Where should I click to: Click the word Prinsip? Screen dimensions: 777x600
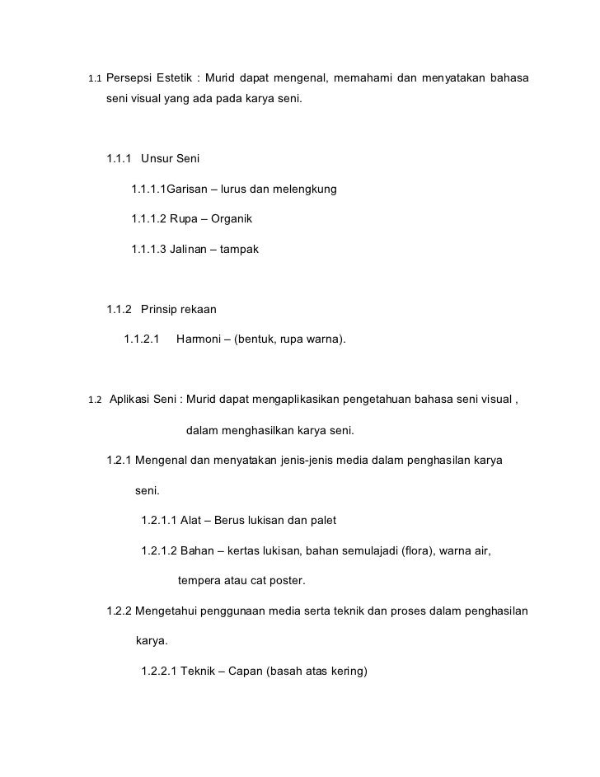[x=161, y=309]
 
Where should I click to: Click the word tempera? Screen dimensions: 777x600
[x=200, y=580]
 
